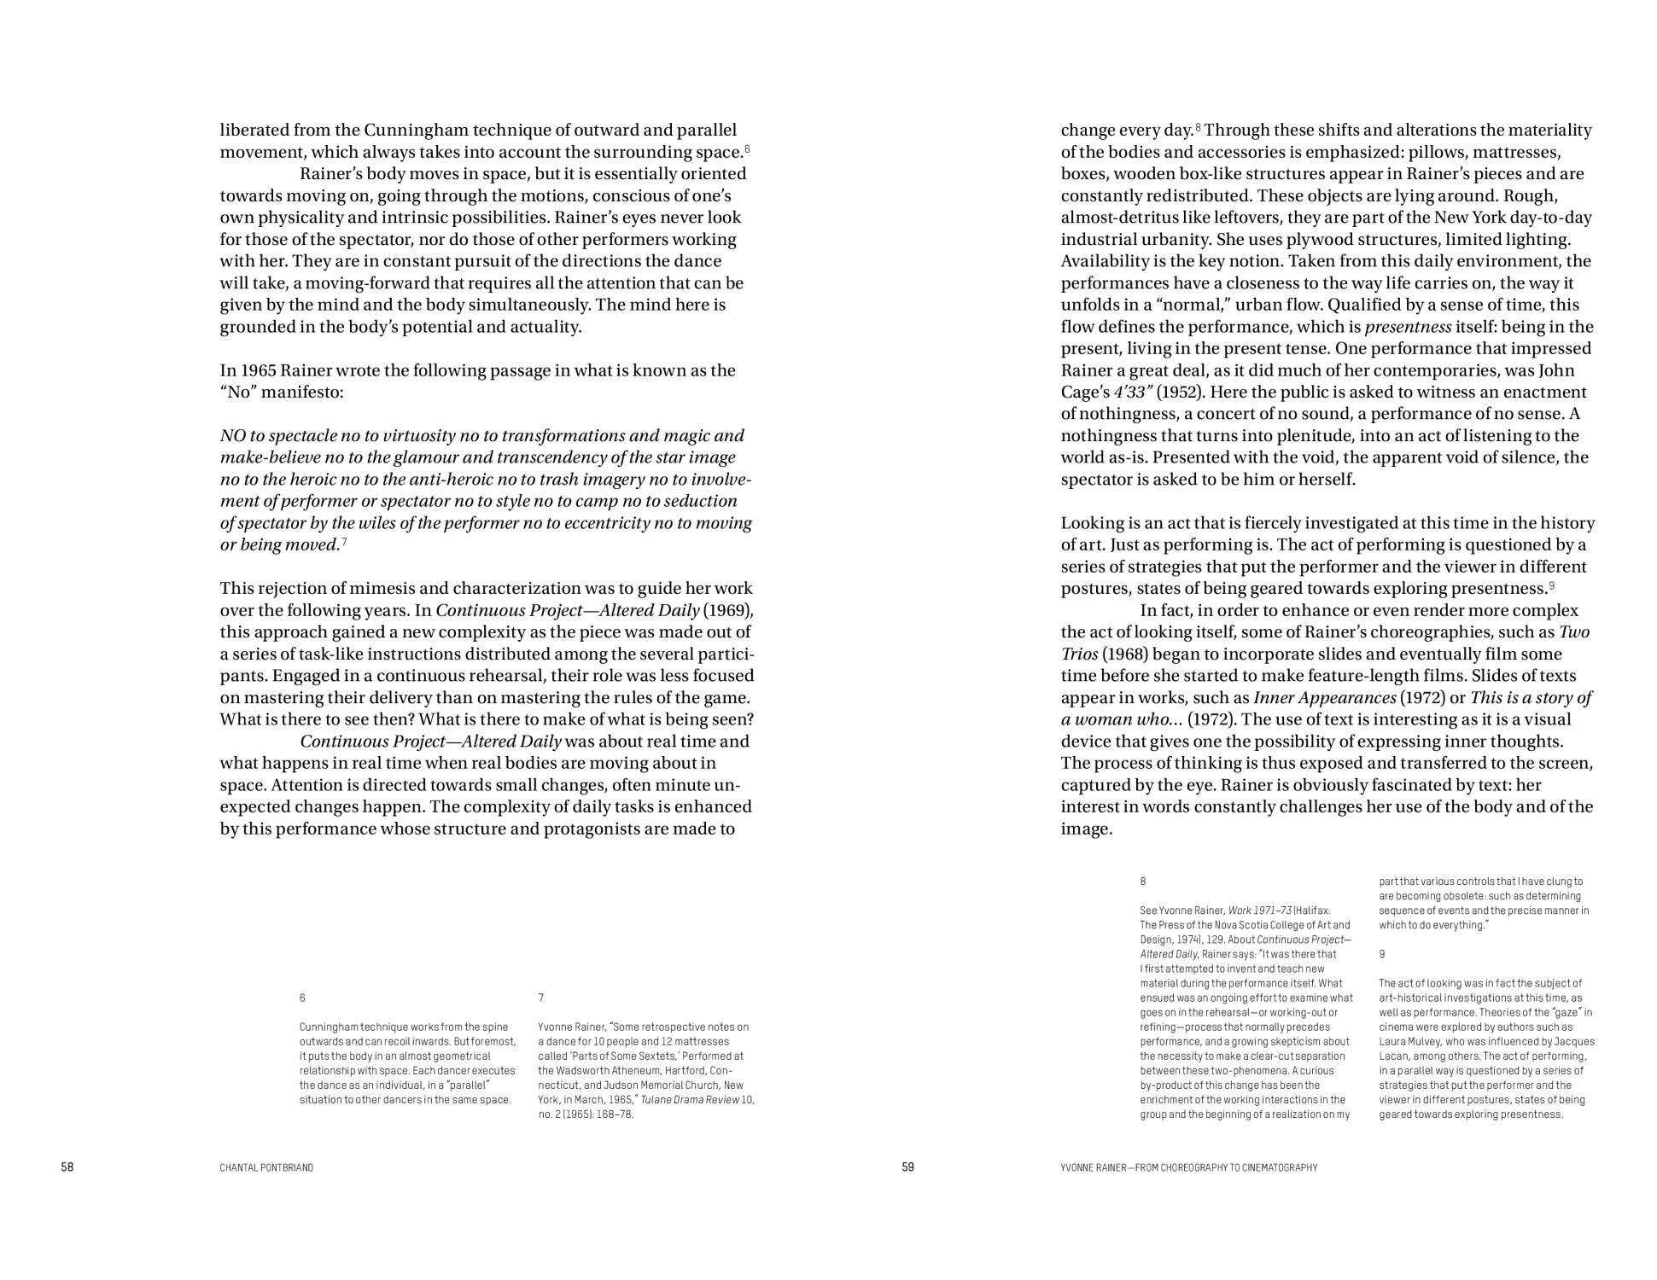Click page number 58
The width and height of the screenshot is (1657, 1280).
tap(67, 1167)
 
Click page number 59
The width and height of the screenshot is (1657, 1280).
tap(907, 1167)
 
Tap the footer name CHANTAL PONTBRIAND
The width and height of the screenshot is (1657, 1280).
tap(266, 1167)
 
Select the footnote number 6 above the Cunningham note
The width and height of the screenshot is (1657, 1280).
tap(302, 998)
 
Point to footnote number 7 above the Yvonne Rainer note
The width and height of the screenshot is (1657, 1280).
tap(541, 998)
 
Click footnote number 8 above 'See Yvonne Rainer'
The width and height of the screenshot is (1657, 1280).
tap(1143, 881)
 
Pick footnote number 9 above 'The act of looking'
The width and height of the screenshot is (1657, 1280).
tap(1382, 954)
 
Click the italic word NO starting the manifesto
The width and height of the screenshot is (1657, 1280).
tap(232, 436)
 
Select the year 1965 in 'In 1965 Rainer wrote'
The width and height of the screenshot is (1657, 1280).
tap(260, 370)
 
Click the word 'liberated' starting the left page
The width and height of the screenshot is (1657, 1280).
tap(254, 131)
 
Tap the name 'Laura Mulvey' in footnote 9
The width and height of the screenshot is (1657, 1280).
tap(1408, 1042)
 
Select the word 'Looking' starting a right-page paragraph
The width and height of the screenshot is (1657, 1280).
tap(1093, 523)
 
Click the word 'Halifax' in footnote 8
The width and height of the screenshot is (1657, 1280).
tap(1314, 911)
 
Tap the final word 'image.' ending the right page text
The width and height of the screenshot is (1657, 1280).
tap(1086, 829)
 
